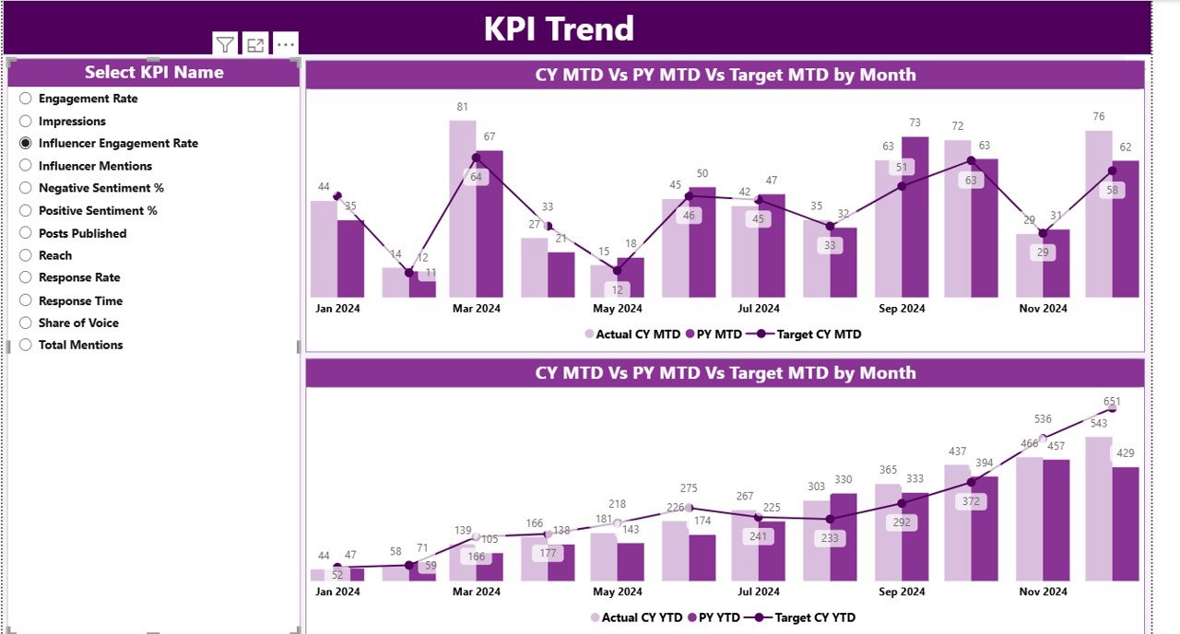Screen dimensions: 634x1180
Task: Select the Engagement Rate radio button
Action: pos(26,99)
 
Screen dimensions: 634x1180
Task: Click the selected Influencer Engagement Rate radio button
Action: pos(26,144)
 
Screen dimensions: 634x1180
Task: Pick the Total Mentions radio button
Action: pos(26,346)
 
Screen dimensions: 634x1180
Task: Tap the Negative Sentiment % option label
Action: pos(100,188)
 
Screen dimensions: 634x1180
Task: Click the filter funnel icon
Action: pos(225,44)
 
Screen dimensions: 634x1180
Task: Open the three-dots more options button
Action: pos(286,44)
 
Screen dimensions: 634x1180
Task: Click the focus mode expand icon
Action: pos(255,44)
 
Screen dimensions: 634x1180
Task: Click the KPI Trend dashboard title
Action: pos(559,29)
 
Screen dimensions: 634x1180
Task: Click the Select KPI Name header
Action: pos(154,73)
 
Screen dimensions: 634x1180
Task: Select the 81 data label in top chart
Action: pos(463,107)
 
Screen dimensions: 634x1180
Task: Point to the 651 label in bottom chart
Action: pos(1111,402)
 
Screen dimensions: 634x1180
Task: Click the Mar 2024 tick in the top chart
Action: pos(477,309)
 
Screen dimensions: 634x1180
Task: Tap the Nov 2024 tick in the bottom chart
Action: pos(1043,592)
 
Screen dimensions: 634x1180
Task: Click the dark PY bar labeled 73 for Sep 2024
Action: pos(914,217)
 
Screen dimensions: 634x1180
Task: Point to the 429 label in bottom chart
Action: pos(1126,453)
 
